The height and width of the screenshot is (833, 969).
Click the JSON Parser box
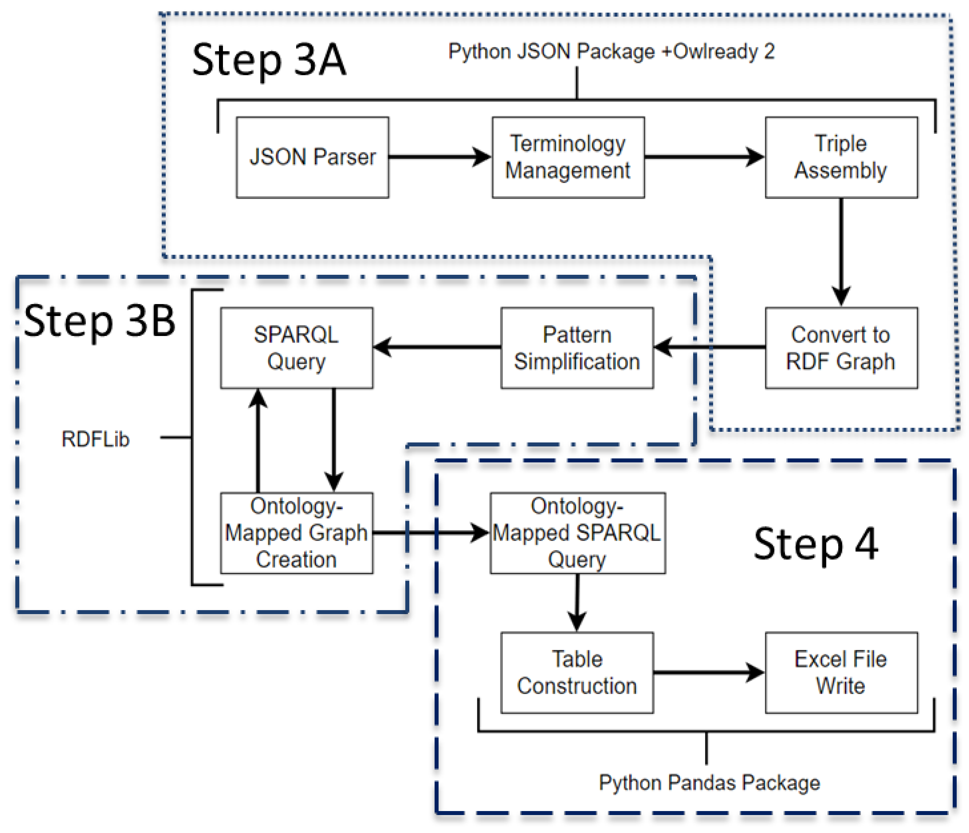pyautogui.click(x=312, y=158)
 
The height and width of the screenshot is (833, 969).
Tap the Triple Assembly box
pyautogui.click(x=841, y=158)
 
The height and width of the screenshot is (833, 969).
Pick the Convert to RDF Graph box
pyautogui.click(x=841, y=348)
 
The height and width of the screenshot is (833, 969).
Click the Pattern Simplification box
pyautogui.click(x=577, y=348)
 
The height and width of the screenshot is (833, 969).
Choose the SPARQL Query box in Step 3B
pyautogui.click(x=296, y=348)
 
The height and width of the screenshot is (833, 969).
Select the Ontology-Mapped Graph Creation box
pyautogui.click(x=296, y=533)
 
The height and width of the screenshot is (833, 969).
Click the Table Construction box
pyautogui.click(x=577, y=673)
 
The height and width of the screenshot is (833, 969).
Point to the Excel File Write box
pyautogui.click(x=841, y=673)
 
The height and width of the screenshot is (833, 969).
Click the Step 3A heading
pyautogui.click(x=269, y=60)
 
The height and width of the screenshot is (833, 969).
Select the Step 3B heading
pyautogui.click(x=99, y=321)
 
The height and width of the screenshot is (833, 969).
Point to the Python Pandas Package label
pyautogui.click(x=709, y=782)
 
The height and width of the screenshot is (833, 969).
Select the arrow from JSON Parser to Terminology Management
pyautogui.click(x=440, y=157)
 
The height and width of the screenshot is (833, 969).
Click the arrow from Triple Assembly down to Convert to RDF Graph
pyautogui.click(x=841, y=252)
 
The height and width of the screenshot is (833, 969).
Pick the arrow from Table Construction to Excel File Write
pyautogui.click(x=708, y=673)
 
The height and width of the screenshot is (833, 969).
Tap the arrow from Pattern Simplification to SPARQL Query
pyautogui.click(x=437, y=347)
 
